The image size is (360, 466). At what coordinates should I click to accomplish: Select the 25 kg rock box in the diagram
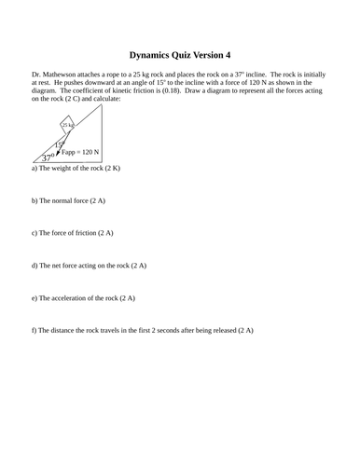pos(67,125)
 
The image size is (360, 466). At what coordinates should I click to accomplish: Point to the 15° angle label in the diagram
pos(59,144)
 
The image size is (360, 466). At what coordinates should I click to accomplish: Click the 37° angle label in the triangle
pos(47,159)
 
